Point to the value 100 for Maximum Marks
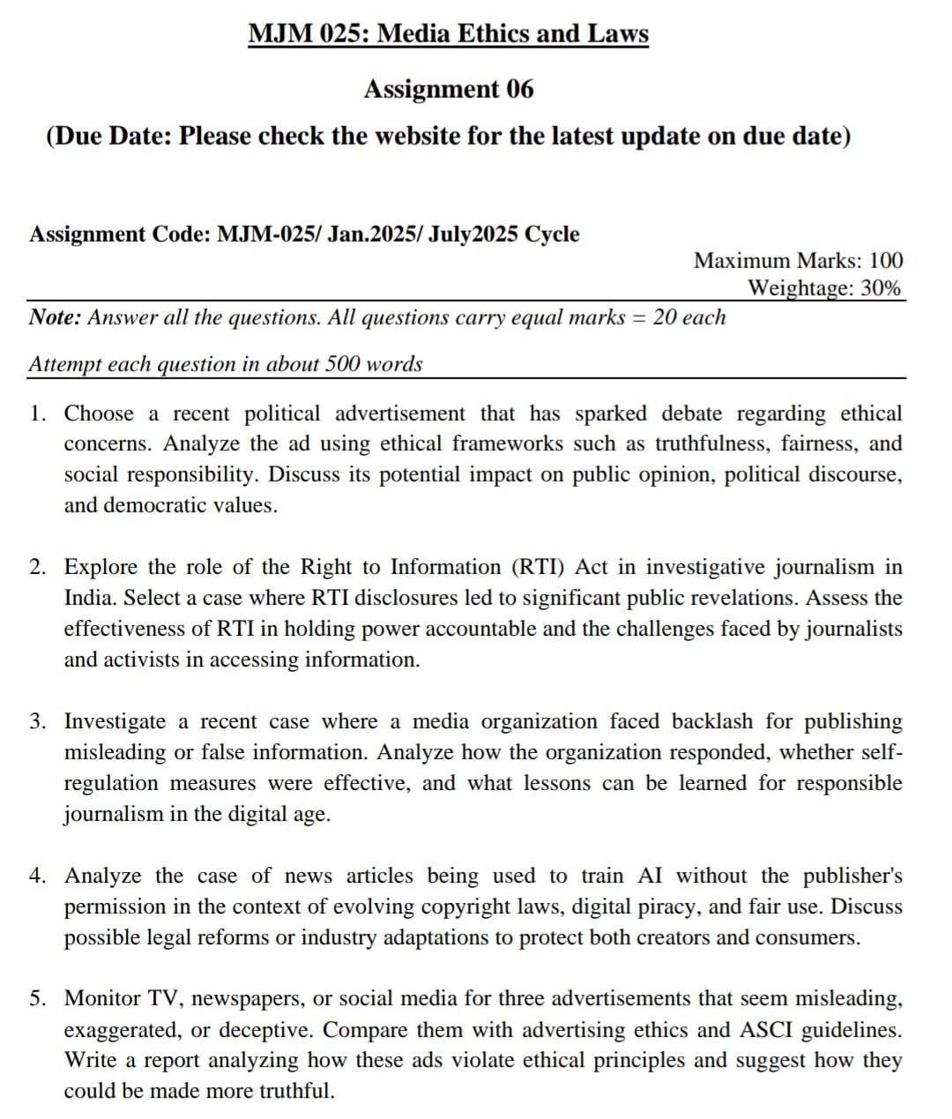coord(886,260)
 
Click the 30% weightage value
coord(881,287)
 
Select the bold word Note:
coord(56,317)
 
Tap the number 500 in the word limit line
coord(347,364)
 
